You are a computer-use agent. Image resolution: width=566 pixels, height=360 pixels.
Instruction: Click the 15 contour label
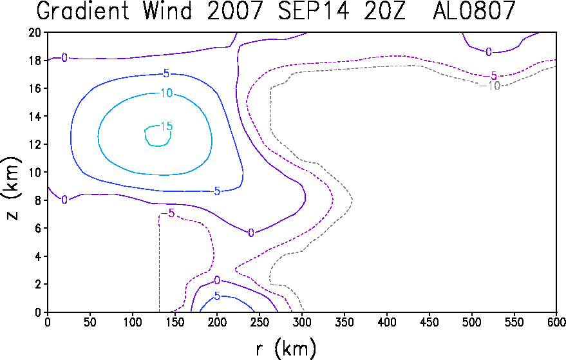click(x=166, y=126)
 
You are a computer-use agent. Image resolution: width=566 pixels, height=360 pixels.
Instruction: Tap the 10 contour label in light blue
click(x=166, y=93)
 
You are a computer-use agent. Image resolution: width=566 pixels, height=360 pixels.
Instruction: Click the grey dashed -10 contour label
click(x=490, y=86)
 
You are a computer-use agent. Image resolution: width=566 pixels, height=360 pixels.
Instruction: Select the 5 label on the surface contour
click(x=217, y=296)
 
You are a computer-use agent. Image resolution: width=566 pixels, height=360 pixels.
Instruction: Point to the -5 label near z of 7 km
click(x=168, y=213)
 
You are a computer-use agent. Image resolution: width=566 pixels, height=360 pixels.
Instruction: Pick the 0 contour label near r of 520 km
click(x=488, y=52)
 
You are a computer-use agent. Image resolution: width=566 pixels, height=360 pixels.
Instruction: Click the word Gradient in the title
click(x=83, y=10)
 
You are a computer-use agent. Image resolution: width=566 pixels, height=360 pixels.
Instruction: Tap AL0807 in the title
click(x=474, y=10)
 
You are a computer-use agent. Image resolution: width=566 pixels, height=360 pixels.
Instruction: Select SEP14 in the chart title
click(x=312, y=10)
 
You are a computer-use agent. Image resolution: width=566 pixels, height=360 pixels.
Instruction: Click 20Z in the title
click(x=384, y=10)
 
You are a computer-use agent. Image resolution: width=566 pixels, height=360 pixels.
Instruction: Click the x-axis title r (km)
click(x=286, y=349)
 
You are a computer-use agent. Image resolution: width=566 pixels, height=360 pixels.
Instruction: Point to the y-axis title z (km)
click(x=12, y=189)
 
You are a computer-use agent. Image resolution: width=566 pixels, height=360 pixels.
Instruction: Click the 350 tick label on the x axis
click(x=344, y=322)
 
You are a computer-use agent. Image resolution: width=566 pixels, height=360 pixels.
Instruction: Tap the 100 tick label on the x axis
click(x=133, y=322)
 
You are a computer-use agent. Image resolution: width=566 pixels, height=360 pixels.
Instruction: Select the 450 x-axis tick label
click(x=429, y=322)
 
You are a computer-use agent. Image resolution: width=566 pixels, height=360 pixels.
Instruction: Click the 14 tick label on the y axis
click(x=35, y=117)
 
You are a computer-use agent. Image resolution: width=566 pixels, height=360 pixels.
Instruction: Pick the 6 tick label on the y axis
click(x=38, y=228)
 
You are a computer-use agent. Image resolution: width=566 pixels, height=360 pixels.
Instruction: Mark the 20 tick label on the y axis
click(x=35, y=32)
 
